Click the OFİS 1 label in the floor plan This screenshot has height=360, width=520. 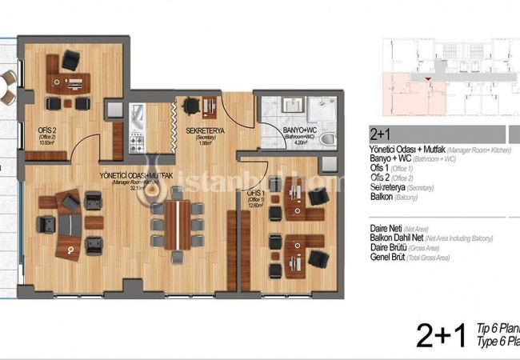[x=255, y=194]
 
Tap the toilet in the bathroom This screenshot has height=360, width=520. [x=326, y=139]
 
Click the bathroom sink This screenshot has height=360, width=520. [x=286, y=107]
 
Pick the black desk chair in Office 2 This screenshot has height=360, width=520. [x=71, y=60]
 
